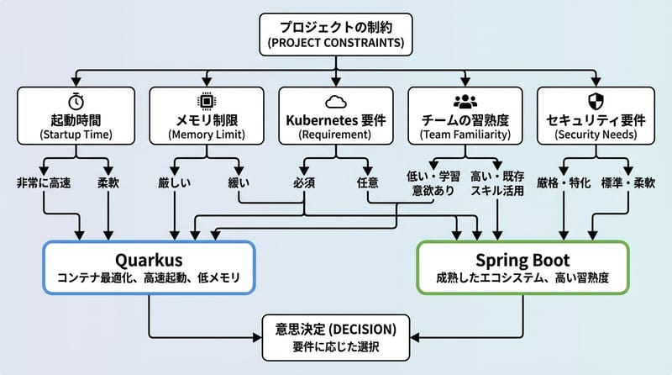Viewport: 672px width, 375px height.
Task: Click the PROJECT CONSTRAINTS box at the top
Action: click(335, 34)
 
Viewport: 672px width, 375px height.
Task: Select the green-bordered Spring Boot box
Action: click(522, 267)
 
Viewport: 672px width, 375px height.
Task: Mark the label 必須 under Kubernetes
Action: click(304, 182)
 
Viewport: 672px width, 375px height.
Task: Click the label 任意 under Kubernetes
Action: click(368, 182)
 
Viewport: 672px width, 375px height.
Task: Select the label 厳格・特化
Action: click(563, 182)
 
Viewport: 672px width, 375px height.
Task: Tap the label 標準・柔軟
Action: click(628, 182)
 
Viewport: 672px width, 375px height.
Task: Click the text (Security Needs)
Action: click(596, 135)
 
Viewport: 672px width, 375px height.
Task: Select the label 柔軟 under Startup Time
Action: click(109, 182)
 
